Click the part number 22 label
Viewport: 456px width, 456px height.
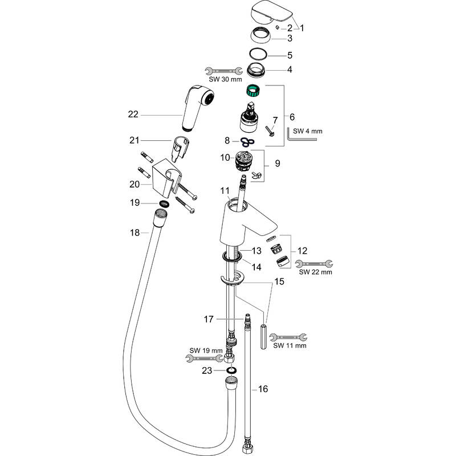[133, 115]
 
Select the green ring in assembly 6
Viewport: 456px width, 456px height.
[252, 90]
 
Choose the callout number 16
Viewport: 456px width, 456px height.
[263, 389]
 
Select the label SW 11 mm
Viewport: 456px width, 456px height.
[290, 345]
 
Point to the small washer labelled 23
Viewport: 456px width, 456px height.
[232, 370]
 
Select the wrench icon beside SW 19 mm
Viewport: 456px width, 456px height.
[203, 358]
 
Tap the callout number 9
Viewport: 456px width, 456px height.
[278, 163]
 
